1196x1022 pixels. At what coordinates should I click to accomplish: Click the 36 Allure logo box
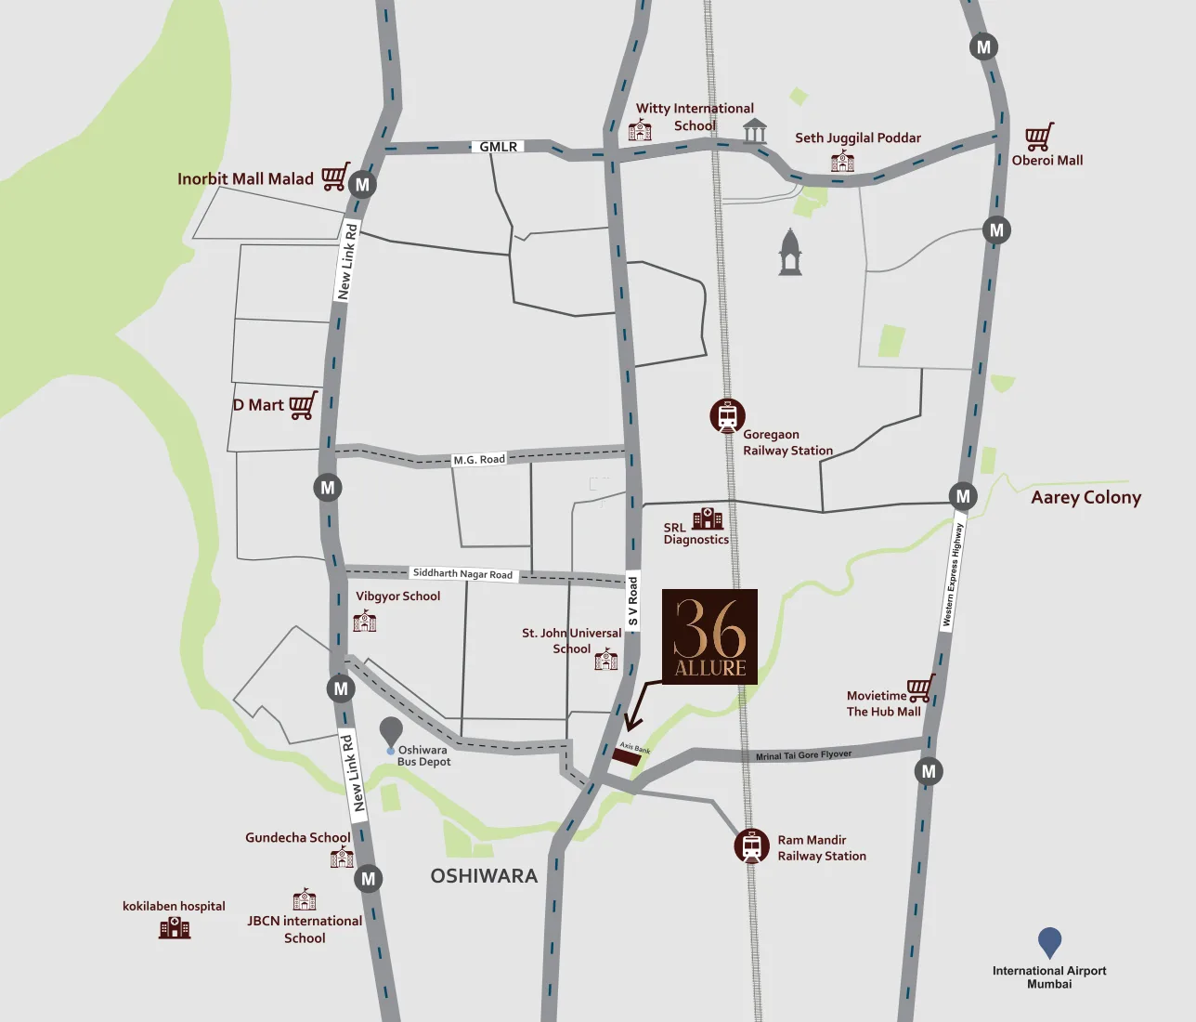(x=709, y=636)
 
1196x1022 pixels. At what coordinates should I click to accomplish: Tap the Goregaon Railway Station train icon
(x=727, y=415)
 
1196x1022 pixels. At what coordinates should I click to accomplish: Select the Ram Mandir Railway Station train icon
(x=751, y=846)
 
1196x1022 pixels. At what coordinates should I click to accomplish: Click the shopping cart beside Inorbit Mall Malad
(x=335, y=176)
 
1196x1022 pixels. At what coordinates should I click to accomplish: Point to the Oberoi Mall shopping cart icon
(x=1039, y=137)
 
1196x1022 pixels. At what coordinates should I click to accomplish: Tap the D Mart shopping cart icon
(x=303, y=405)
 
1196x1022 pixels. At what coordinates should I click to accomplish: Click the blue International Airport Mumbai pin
(x=1049, y=942)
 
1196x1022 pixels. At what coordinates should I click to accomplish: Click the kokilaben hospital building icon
(x=175, y=927)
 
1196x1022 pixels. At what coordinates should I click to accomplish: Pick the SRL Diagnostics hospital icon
(x=708, y=518)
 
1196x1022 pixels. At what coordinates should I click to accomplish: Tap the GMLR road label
(x=499, y=147)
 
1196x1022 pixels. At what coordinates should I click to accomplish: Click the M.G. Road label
(x=479, y=459)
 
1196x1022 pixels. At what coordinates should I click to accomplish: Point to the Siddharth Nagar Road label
(x=462, y=573)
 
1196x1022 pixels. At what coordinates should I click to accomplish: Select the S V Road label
(x=633, y=601)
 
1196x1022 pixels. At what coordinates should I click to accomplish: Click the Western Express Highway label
(x=953, y=575)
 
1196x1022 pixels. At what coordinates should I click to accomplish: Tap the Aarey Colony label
(x=1085, y=497)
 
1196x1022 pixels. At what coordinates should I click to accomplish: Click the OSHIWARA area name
(x=484, y=875)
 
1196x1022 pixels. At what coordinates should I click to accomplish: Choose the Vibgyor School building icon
(x=365, y=621)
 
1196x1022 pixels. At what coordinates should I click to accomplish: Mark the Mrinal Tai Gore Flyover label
(x=803, y=755)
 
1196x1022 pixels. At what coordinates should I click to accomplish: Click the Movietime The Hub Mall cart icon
(x=919, y=688)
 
